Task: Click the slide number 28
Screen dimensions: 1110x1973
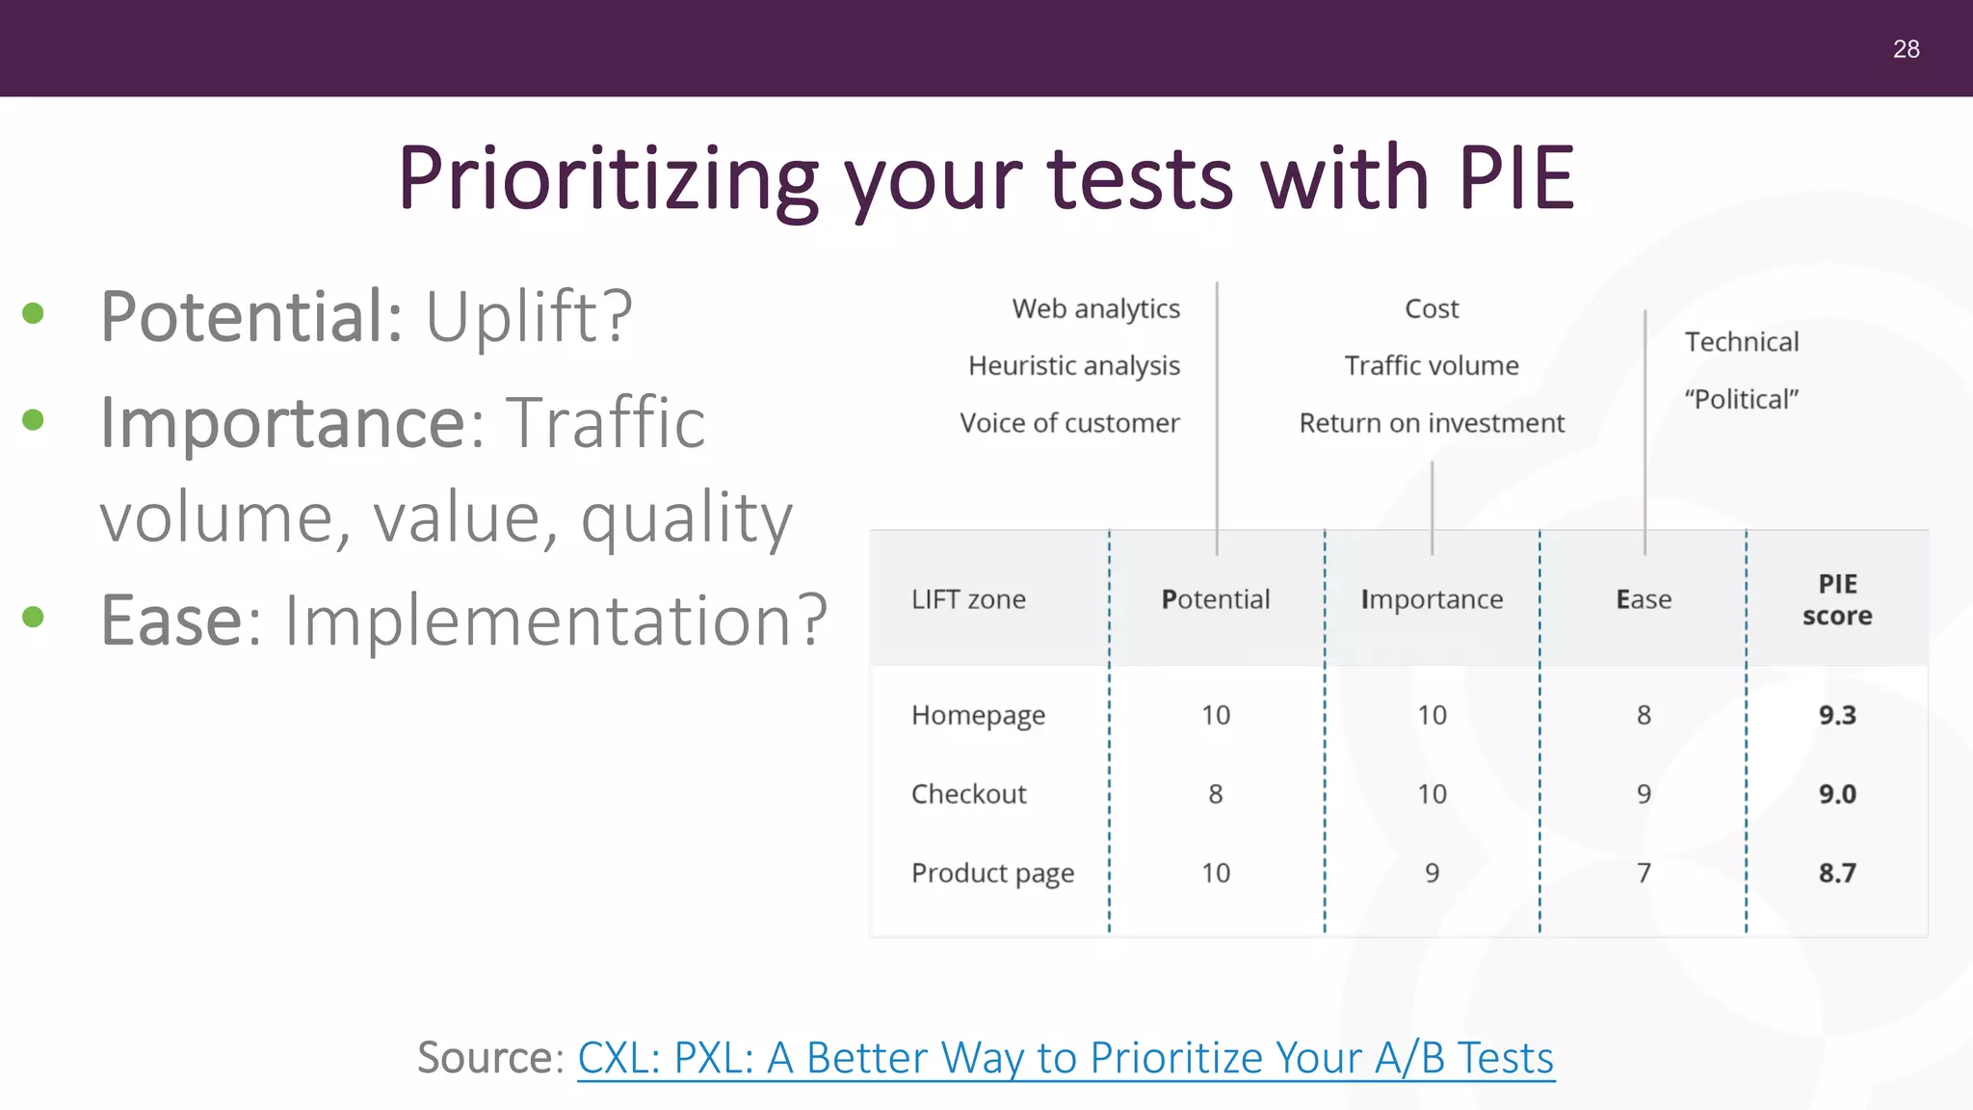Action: click(x=1906, y=49)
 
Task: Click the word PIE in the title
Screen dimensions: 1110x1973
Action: click(x=1515, y=178)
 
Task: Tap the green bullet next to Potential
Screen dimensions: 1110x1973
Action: click(x=34, y=313)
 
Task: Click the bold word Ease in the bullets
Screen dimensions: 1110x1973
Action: click(x=172, y=620)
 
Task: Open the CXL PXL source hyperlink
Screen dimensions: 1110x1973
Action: click(x=1065, y=1058)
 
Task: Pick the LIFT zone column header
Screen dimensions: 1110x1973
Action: click(x=968, y=599)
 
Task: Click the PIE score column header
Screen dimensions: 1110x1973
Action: click(x=1837, y=599)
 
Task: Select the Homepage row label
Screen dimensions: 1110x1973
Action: click(x=978, y=715)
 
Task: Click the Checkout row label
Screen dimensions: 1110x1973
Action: click(x=968, y=794)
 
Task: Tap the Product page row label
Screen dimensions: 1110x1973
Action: click(x=992, y=873)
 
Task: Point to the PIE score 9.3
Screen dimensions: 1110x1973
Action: click(x=1837, y=715)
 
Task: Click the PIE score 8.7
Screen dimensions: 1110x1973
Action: click(x=1837, y=873)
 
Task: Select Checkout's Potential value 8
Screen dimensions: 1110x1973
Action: click(x=1216, y=794)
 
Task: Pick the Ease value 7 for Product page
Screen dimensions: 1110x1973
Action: click(x=1644, y=873)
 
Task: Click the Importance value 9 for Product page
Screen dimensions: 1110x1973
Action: click(x=1432, y=873)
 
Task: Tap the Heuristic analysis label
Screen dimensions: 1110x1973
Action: click(x=1073, y=366)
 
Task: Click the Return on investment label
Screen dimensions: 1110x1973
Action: click(x=1432, y=423)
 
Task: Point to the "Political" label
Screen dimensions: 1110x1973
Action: click(x=1741, y=399)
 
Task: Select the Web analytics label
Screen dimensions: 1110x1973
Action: click(x=1095, y=309)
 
